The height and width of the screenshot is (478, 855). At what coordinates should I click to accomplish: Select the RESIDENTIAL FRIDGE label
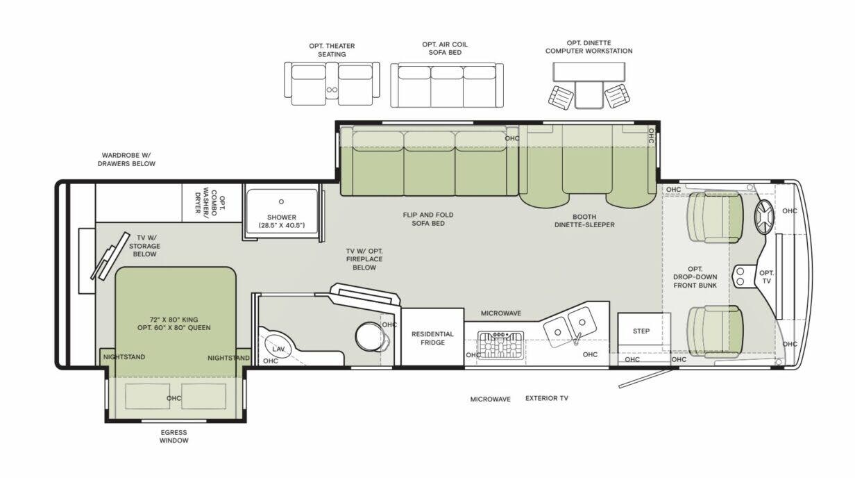tap(432, 338)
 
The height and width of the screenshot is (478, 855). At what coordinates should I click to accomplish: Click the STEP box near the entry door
tap(641, 331)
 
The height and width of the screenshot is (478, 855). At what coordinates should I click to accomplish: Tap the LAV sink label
tap(278, 348)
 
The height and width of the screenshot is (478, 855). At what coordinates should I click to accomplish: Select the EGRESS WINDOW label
tap(173, 436)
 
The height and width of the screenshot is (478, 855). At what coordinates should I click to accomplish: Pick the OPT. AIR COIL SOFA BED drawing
tap(446, 85)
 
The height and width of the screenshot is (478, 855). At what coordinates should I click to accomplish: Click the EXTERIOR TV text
tap(546, 399)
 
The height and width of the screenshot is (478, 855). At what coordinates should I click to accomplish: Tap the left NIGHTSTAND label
tap(124, 357)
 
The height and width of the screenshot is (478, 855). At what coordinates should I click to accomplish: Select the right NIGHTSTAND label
tap(228, 358)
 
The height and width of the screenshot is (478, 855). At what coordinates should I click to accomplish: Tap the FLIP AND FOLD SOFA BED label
tap(428, 219)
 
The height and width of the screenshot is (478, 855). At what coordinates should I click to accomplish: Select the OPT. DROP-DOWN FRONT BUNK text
tap(695, 277)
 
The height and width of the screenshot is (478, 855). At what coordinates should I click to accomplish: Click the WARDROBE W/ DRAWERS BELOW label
tap(128, 159)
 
